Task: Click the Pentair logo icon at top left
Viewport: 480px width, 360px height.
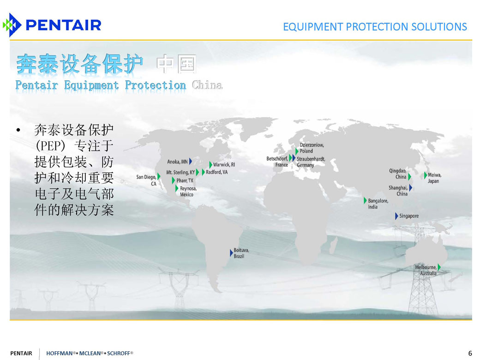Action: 12,25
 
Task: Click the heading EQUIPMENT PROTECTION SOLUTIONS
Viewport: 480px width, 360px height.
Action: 375,27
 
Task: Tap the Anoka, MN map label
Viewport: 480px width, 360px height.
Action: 177,162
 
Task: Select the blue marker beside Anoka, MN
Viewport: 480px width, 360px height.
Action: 191,161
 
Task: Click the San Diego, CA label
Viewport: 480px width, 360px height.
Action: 146,180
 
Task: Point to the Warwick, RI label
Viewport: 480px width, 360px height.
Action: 224,164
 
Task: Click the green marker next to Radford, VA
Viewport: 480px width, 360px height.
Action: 203,172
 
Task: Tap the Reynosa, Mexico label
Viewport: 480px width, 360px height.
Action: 188,192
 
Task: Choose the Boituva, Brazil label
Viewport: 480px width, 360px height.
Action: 241,253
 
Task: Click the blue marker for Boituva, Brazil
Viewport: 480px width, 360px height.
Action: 231,253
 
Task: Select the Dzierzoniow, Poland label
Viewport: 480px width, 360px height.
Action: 312,148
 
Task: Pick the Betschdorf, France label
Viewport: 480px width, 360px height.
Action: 277,162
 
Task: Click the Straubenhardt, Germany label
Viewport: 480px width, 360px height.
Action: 311,162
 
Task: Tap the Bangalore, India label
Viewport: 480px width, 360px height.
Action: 378,204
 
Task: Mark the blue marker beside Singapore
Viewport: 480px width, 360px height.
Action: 396,216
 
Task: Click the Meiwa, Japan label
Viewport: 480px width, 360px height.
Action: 434,178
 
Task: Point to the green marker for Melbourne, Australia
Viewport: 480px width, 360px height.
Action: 439,267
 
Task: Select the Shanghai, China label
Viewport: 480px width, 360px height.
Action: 398,191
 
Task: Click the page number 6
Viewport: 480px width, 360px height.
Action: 470,353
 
